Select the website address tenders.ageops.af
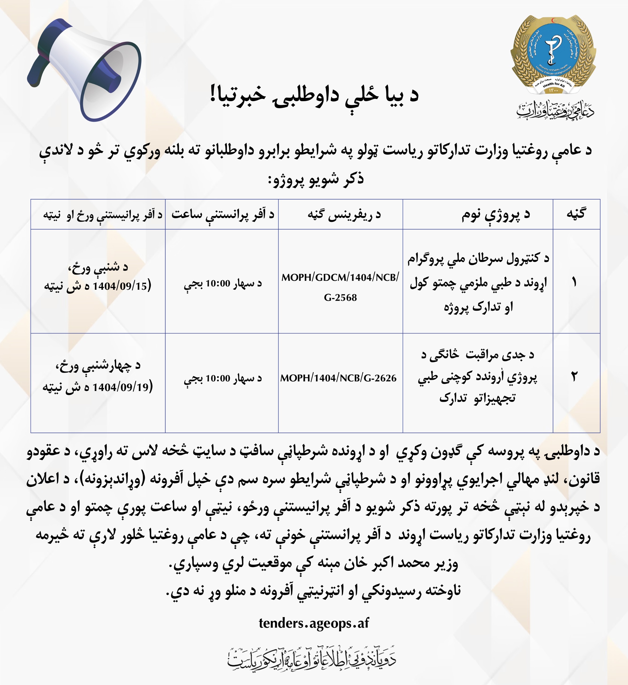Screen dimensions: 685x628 (x=314, y=623)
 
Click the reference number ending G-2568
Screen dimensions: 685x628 (x=340, y=297)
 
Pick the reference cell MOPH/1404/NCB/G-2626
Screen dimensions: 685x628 (x=338, y=378)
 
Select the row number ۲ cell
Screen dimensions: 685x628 (x=576, y=377)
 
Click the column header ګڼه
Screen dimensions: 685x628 (x=576, y=214)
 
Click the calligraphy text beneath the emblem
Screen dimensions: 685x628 (x=555, y=109)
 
